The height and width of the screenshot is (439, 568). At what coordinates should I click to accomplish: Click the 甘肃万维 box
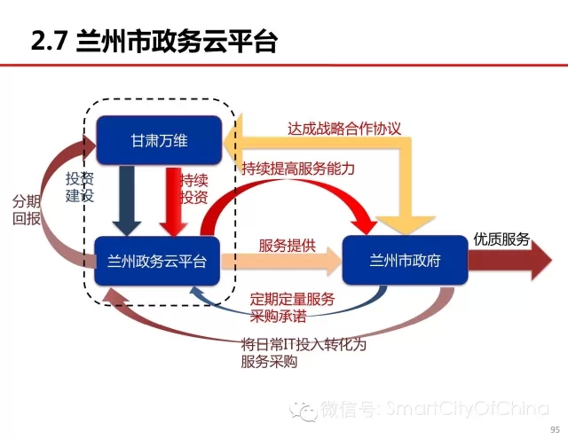coord(159,140)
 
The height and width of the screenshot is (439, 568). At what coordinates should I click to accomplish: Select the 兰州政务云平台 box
coord(157,261)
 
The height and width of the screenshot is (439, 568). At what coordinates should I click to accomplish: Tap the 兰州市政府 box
coord(405,260)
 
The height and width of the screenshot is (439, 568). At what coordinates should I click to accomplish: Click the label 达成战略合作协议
coord(344,129)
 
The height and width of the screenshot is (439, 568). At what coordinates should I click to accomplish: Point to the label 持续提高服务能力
coord(298,169)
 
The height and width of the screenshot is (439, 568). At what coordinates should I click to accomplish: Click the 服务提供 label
coord(288,246)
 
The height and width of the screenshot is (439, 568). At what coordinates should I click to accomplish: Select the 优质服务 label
coord(501,239)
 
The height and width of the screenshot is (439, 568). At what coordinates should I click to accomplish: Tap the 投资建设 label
coord(80,187)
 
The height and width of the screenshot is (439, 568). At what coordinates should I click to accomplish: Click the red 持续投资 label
coord(194,189)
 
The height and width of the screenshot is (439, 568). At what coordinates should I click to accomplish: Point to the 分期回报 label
coord(27,210)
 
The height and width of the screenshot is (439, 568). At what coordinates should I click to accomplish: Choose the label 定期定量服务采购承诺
coord(292,308)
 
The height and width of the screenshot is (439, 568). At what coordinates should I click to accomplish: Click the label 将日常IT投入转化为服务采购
coord(304,353)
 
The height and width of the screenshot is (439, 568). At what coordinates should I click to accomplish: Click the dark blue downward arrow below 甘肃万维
coord(126,200)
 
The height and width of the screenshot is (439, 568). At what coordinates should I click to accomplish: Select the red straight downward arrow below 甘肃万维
coord(174,201)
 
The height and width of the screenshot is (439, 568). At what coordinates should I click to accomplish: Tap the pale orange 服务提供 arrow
coord(281,262)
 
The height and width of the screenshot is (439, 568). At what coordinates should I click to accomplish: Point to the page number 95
coord(555,429)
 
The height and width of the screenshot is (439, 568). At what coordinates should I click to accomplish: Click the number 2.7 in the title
coord(50,41)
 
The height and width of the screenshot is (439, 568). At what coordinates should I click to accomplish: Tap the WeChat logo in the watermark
coord(304,412)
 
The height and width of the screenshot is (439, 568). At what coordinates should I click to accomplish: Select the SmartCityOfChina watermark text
coord(468,408)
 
